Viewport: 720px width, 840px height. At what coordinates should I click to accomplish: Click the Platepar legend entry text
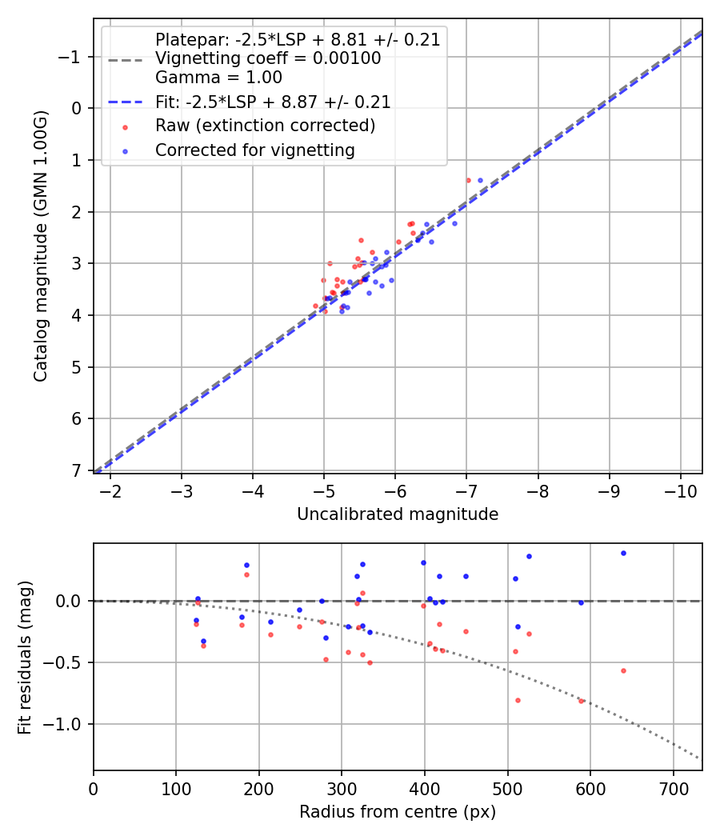298,40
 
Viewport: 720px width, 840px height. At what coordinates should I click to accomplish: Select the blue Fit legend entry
273,102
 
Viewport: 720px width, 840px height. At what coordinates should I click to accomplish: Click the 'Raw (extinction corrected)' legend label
265,126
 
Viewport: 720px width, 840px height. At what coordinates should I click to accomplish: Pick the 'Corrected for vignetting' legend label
255,150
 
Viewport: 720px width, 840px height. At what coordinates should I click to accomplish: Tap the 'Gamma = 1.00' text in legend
218,78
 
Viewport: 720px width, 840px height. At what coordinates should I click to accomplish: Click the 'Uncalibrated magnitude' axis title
398,514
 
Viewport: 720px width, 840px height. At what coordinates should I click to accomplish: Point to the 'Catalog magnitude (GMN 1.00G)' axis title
41,246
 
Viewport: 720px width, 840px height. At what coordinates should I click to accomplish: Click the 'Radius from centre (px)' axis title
398,812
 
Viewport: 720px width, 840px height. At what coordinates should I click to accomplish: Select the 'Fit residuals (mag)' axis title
25,657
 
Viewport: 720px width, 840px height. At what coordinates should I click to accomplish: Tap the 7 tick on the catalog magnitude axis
78,471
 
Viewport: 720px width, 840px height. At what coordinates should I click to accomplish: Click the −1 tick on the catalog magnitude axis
72,57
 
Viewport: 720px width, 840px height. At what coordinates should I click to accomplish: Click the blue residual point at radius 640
623,553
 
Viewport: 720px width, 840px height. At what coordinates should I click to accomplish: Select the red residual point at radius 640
623,670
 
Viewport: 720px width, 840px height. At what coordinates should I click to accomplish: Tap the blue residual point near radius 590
581,602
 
